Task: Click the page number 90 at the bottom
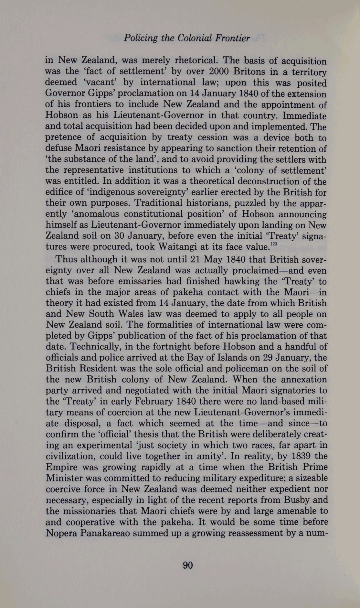pyautogui.click(x=187, y=565)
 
